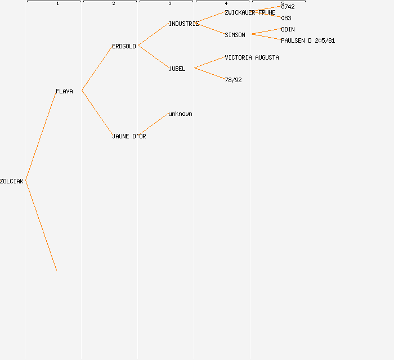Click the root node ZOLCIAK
click(x=12, y=181)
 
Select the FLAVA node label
click(x=64, y=91)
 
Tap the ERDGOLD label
click(x=124, y=46)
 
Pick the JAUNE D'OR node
click(x=129, y=136)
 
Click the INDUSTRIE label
click(x=183, y=24)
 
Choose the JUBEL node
click(x=177, y=69)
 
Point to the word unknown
click(x=180, y=114)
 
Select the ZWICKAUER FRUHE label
click(x=250, y=12)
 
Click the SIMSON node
click(x=235, y=35)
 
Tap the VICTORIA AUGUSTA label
click(x=252, y=57)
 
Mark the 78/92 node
click(x=233, y=80)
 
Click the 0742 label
click(x=288, y=7)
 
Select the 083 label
click(x=286, y=18)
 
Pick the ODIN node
click(x=288, y=29)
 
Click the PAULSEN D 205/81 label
click(x=308, y=40)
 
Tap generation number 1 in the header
click(x=57, y=4)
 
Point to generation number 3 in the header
click(x=170, y=4)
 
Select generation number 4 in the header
click(x=226, y=4)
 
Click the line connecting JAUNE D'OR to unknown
click(x=153, y=124)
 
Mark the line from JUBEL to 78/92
click(x=209, y=74)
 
